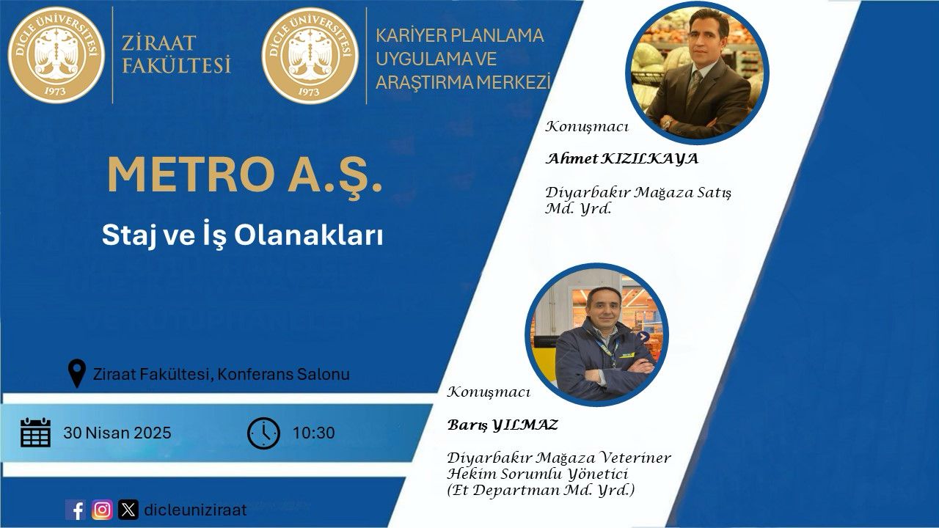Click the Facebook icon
(76, 510)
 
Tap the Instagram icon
(102, 510)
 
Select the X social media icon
(128, 510)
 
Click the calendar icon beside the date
(36, 433)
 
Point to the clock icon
(263, 433)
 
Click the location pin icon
(77, 373)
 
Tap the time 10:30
(313, 433)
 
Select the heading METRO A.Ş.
(245, 175)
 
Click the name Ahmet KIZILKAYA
(622, 159)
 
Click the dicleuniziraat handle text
(195, 510)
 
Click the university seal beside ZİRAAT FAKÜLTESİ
(56, 55)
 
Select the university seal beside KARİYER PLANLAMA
(310, 55)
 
